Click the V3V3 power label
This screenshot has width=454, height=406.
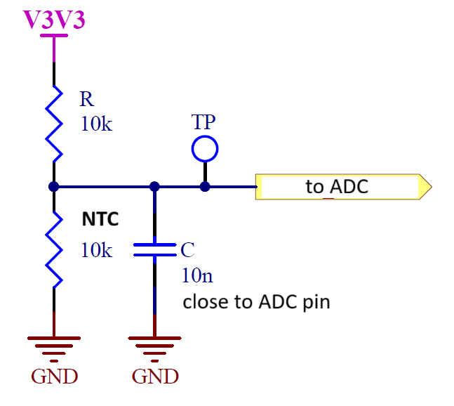(x=54, y=19)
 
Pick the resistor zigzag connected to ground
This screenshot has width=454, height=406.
(x=54, y=251)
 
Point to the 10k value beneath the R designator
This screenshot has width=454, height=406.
(x=96, y=124)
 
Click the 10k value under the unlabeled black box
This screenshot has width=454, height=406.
(x=96, y=250)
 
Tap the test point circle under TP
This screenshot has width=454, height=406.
(x=205, y=148)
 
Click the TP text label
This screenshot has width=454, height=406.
(x=203, y=122)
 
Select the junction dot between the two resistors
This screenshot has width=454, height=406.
(x=54, y=187)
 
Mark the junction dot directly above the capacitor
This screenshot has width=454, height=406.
(x=154, y=187)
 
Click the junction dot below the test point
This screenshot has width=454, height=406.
(x=205, y=187)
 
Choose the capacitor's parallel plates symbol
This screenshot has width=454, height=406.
(x=154, y=250)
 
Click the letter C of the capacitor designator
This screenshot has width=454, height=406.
(x=187, y=251)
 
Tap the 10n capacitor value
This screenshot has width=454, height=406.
(x=196, y=275)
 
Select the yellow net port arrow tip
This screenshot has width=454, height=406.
(x=425, y=187)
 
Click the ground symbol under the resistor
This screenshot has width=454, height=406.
(x=54, y=346)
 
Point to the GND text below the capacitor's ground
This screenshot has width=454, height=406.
(x=155, y=376)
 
